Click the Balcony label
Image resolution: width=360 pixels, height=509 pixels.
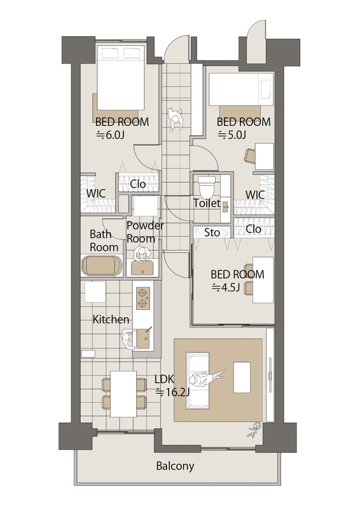click(175, 466)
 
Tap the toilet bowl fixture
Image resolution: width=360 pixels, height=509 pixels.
click(207, 187)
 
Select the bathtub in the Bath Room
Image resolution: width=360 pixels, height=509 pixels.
click(102, 265)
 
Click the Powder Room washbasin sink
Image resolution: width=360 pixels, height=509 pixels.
click(142, 267)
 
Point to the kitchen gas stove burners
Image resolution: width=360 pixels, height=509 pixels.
click(142, 297)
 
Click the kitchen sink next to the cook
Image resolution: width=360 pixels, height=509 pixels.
click(143, 338)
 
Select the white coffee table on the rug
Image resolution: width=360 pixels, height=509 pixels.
click(242, 377)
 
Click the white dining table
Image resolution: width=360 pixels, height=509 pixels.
click(123, 394)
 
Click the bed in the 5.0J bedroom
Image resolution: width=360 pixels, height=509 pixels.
click(241, 89)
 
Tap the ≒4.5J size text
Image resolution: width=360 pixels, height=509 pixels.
click(226, 288)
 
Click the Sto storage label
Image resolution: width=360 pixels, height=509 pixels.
click(212, 232)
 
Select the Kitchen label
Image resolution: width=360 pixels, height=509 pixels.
click(111, 319)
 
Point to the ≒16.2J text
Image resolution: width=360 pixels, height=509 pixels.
click(172, 393)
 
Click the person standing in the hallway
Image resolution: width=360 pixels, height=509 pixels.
click(176, 120)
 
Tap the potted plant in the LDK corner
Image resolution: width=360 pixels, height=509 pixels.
click(254, 430)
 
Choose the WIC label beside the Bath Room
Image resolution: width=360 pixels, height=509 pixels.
click(96, 193)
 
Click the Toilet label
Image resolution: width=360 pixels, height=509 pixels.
click(207, 203)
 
